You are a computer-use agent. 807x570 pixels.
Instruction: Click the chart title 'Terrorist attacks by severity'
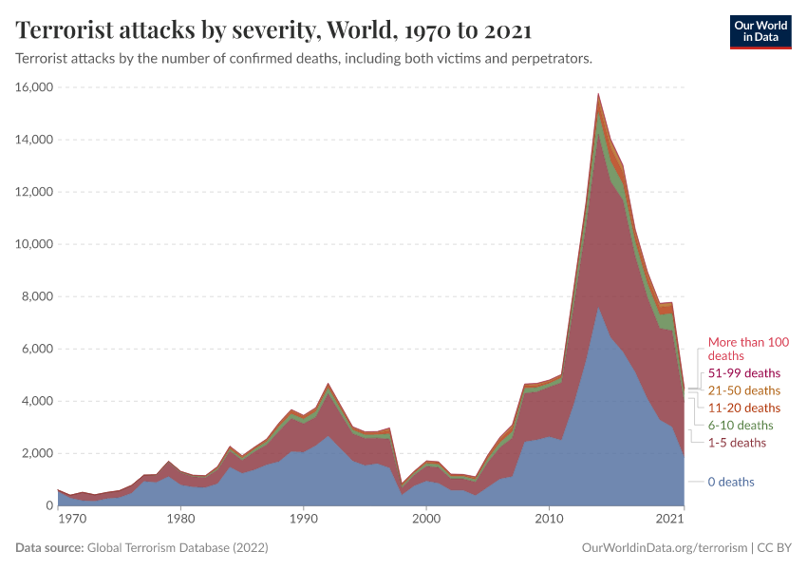coord(273,30)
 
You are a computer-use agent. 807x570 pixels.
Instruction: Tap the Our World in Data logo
coord(760,30)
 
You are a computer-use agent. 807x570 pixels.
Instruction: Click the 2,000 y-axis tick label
coord(35,453)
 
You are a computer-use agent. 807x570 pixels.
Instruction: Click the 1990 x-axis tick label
coord(303,520)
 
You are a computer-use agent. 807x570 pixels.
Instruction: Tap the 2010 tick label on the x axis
coord(548,520)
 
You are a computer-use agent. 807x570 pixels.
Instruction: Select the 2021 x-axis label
coord(669,520)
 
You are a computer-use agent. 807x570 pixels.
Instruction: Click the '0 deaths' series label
coord(731,482)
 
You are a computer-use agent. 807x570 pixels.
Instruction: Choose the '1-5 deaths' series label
coord(737,443)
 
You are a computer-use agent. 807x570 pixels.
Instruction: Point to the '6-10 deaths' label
coord(741,425)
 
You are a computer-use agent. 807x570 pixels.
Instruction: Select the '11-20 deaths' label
coord(744,408)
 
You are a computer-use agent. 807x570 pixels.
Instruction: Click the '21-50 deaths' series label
coord(744,390)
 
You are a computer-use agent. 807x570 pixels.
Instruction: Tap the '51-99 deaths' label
coord(744,372)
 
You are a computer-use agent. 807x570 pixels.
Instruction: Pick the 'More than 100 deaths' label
coord(748,348)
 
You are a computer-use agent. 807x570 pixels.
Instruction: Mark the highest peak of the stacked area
coord(598,94)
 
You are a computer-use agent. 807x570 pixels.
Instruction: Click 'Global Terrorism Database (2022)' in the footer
coord(178,548)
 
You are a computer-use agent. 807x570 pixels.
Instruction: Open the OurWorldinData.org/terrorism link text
coord(662,548)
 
